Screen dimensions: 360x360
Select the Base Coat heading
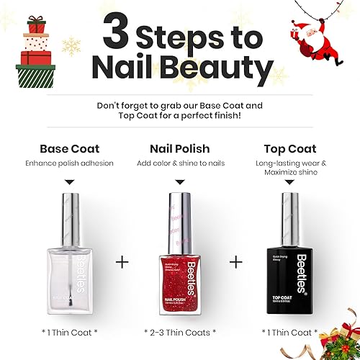68,149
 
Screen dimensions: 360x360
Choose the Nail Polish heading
180,149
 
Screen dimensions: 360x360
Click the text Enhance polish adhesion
68,163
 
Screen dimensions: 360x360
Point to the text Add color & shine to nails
180,163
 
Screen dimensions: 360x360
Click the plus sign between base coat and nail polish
124,260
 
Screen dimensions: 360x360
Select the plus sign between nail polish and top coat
236,260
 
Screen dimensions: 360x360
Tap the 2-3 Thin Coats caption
180,332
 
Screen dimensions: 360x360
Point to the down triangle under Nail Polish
180,184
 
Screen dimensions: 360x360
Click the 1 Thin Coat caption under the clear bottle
68,332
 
